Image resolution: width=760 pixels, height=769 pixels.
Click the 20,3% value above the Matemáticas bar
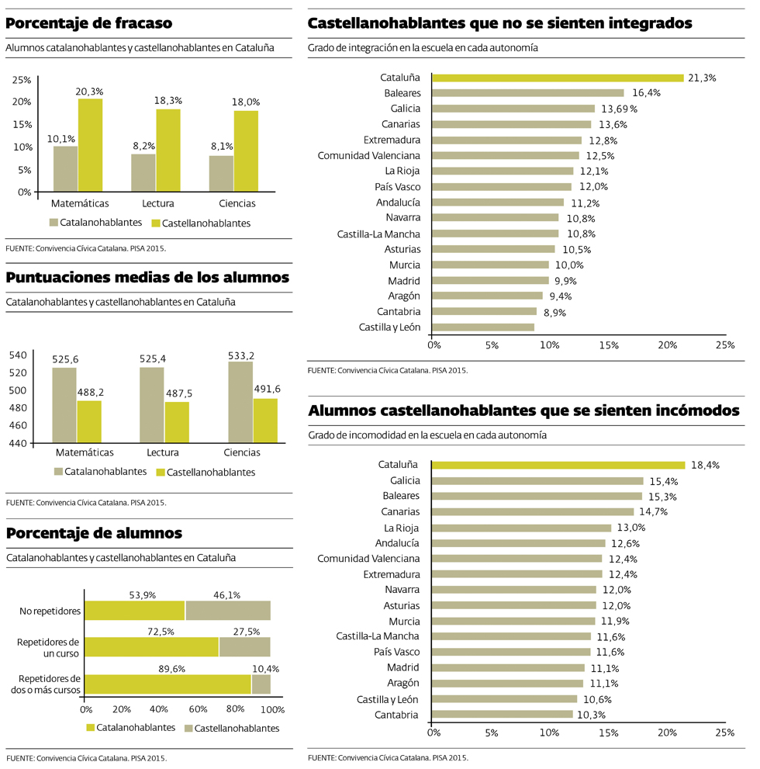(89, 92)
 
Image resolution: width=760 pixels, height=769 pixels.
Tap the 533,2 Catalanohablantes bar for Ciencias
(240, 402)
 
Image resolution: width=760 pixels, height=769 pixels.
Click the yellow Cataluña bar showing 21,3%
(557, 78)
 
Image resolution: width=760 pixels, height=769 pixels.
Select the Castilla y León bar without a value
(482, 327)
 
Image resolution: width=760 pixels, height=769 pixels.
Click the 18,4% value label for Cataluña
(706, 466)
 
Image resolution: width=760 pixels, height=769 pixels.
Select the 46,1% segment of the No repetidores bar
(228, 611)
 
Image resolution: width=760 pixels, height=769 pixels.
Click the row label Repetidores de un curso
(49, 647)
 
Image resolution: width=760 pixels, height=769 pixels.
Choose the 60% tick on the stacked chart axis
(197, 709)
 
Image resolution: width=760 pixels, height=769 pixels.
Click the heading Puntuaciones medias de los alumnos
(147, 278)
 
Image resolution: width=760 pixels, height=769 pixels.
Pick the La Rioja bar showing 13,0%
(521, 528)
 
